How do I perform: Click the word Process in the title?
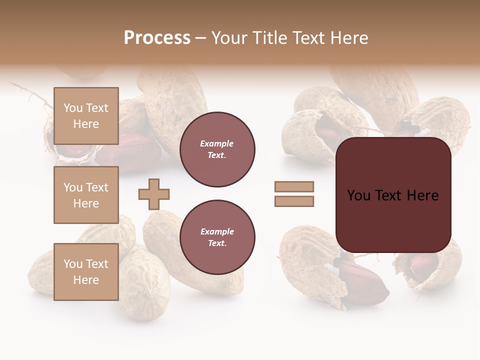click(x=157, y=38)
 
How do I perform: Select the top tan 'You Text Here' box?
click(x=86, y=116)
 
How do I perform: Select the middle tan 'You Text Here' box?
click(x=86, y=195)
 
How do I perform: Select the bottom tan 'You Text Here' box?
click(x=86, y=271)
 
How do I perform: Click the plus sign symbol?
click(x=154, y=194)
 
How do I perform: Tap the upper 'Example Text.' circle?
click(x=217, y=149)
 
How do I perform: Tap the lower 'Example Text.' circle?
click(x=217, y=237)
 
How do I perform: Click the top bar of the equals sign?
click(x=294, y=187)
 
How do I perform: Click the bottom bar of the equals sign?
click(x=294, y=201)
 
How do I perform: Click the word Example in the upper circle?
click(x=217, y=144)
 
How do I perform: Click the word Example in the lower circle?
click(x=217, y=232)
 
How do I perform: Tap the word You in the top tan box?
click(x=72, y=108)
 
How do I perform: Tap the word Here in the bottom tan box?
click(x=86, y=280)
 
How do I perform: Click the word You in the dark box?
click(x=358, y=195)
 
